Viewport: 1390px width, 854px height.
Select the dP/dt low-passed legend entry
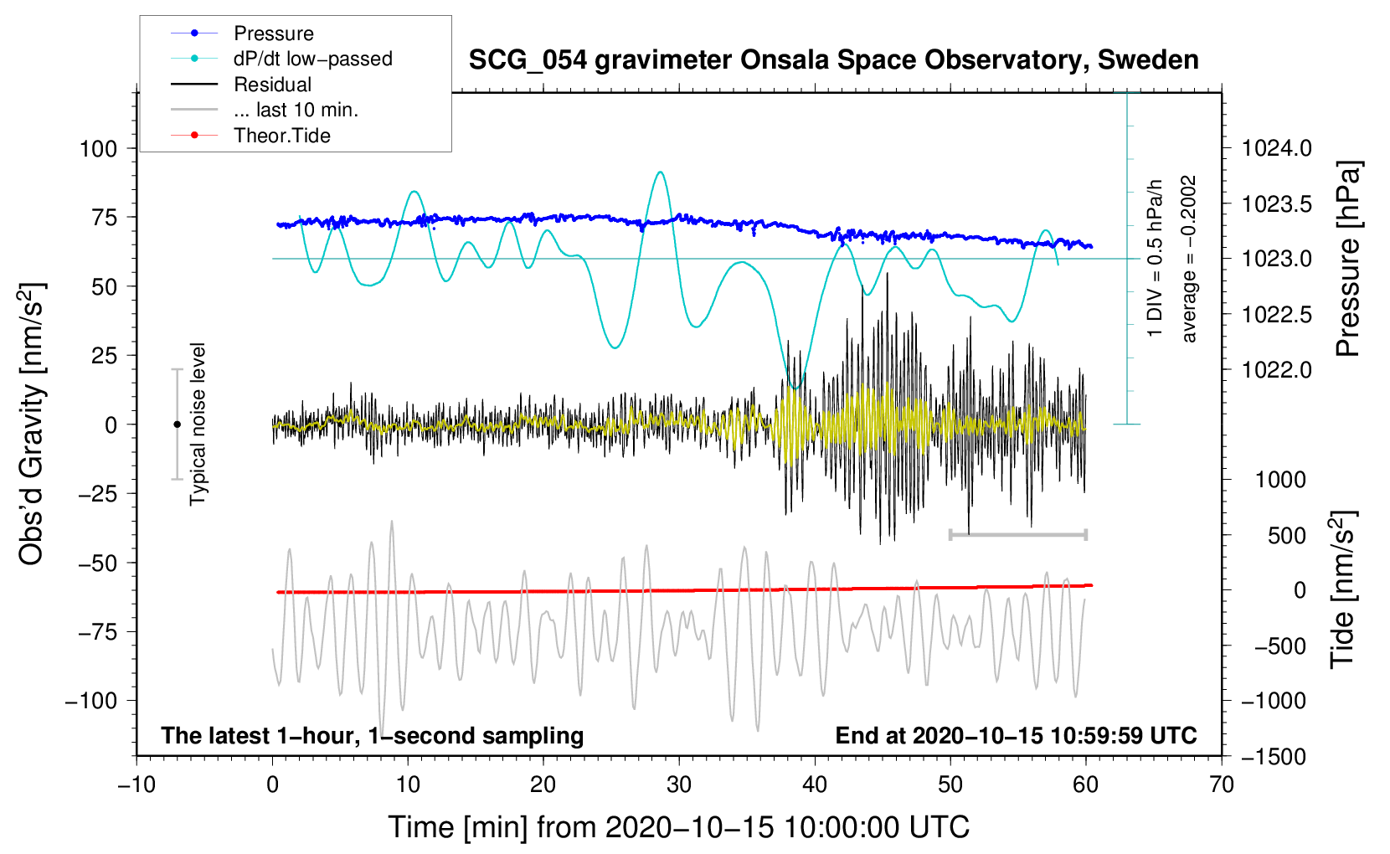312,59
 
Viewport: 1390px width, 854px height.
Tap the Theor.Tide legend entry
281,136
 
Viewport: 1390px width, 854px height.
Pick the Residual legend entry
272,85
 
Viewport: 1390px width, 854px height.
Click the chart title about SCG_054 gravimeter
833,60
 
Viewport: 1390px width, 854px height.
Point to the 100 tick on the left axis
98,149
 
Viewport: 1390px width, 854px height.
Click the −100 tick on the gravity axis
91,701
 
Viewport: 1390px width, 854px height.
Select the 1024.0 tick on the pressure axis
1277,149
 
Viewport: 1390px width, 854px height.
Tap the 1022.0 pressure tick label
1277,370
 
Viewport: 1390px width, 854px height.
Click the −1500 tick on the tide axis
1274,757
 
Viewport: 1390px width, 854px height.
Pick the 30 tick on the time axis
679,785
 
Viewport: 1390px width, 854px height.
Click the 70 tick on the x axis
1222,785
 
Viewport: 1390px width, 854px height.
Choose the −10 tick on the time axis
136,785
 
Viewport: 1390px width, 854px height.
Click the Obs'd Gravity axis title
32,424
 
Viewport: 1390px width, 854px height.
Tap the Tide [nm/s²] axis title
1343,589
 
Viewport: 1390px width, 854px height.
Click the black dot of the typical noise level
177,424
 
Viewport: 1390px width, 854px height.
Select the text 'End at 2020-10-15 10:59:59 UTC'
1016,736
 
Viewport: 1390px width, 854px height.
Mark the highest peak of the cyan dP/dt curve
661,172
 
